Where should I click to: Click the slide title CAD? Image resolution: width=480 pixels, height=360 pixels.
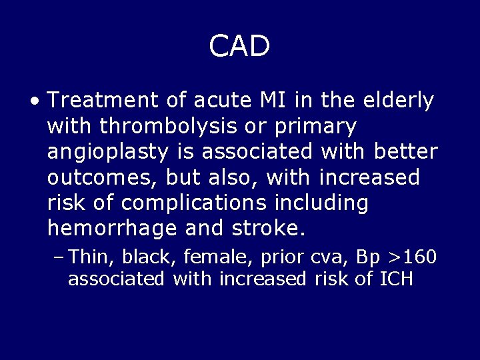click(239, 47)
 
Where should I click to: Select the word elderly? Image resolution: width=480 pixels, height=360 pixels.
click(399, 101)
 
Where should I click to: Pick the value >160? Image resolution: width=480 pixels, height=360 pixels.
click(416, 257)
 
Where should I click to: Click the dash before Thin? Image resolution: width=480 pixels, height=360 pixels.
click(58, 257)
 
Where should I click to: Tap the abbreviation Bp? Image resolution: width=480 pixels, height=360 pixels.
click(369, 257)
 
